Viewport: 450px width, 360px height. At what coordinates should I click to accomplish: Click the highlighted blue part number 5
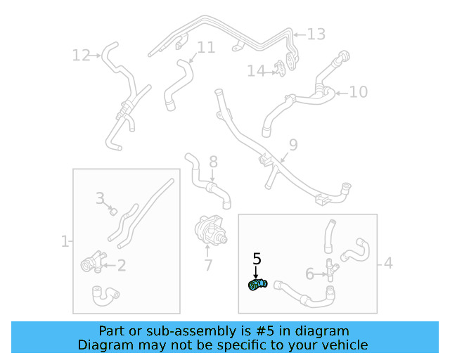(x=257, y=285)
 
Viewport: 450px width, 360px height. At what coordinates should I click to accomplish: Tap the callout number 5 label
(x=257, y=258)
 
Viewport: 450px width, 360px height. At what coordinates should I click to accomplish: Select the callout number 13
(x=316, y=34)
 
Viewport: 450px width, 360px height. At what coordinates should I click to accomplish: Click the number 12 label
(x=81, y=55)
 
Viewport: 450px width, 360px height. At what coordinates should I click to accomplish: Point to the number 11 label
(x=205, y=48)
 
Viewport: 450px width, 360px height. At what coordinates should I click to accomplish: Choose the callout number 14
(x=256, y=71)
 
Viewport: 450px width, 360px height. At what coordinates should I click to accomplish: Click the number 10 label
(x=358, y=91)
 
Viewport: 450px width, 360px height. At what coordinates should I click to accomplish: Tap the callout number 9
(x=292, y=145)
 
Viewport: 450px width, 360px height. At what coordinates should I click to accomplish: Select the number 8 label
(x=213, y=162)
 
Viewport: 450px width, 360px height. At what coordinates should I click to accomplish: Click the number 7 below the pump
(x=208, y=266)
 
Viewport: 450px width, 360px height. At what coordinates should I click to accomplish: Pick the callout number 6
(x=309, y=274)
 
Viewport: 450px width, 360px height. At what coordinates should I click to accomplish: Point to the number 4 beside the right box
(x=388, y=264)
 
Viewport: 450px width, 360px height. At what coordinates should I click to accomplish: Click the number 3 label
(x=101, y=198)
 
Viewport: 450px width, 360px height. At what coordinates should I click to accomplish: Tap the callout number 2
(x=121, y=265)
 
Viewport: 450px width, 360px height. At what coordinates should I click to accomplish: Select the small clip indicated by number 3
(x=112, y=210)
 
